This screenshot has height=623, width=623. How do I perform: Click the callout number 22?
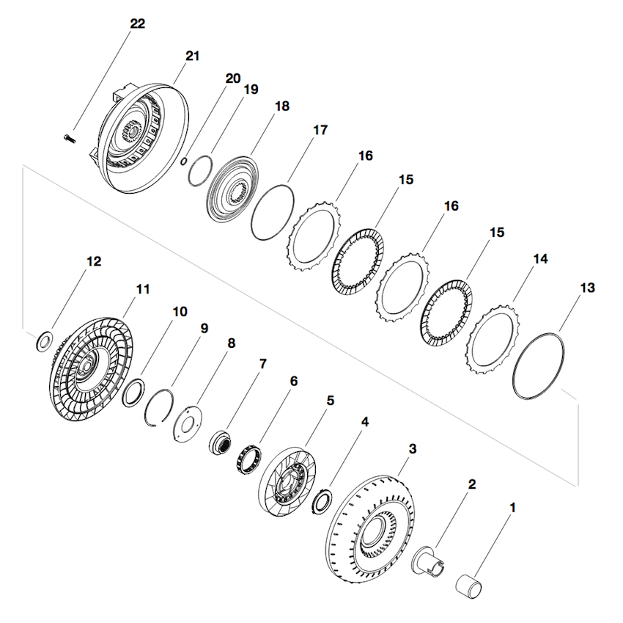point(137,23)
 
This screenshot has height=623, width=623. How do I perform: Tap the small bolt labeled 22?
point(70,136)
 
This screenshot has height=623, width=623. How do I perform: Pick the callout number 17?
point(320,130)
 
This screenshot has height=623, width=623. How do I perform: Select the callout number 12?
point(94,261)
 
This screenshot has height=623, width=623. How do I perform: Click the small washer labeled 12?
point(44,341)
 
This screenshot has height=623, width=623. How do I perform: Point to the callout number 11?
point(142,288)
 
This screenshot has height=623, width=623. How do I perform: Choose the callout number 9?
point(204,327)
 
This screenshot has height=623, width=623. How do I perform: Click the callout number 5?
point(331,401)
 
